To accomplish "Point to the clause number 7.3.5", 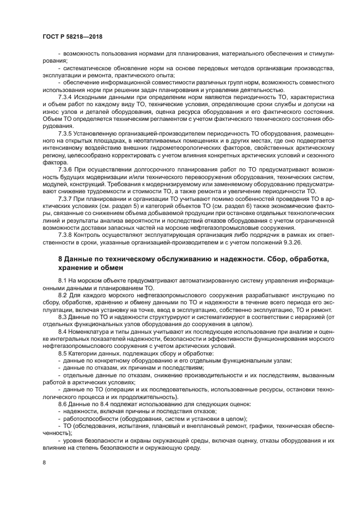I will pos(66,133).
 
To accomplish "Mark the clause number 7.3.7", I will pos(66,200).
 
